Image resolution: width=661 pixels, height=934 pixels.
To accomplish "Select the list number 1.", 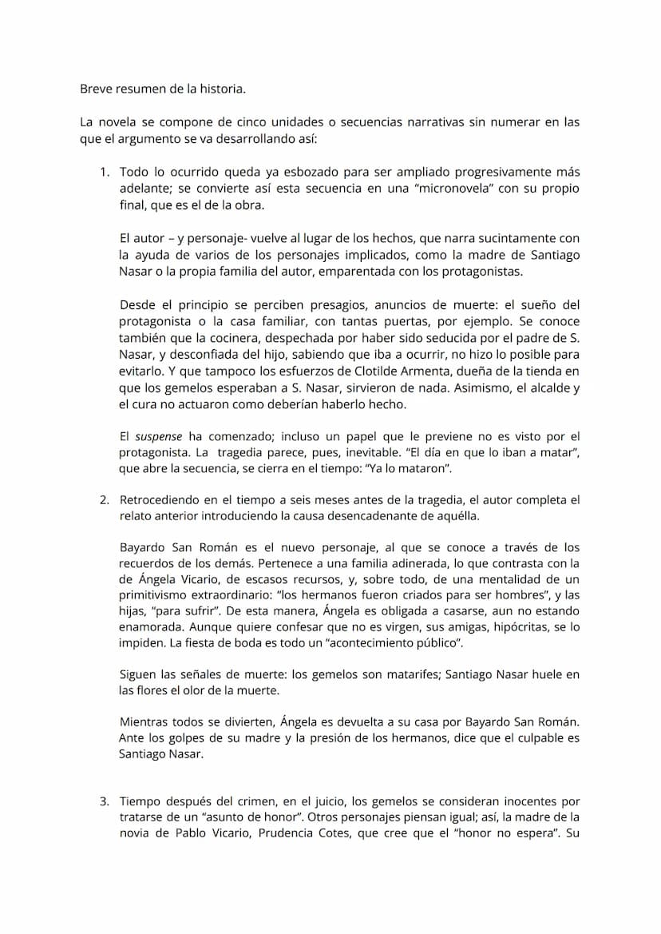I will click(x=104, y=173).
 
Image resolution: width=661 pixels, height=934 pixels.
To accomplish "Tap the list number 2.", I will click(x=104, y=500).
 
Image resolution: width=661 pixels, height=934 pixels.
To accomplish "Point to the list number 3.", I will click(x=104, y=801).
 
